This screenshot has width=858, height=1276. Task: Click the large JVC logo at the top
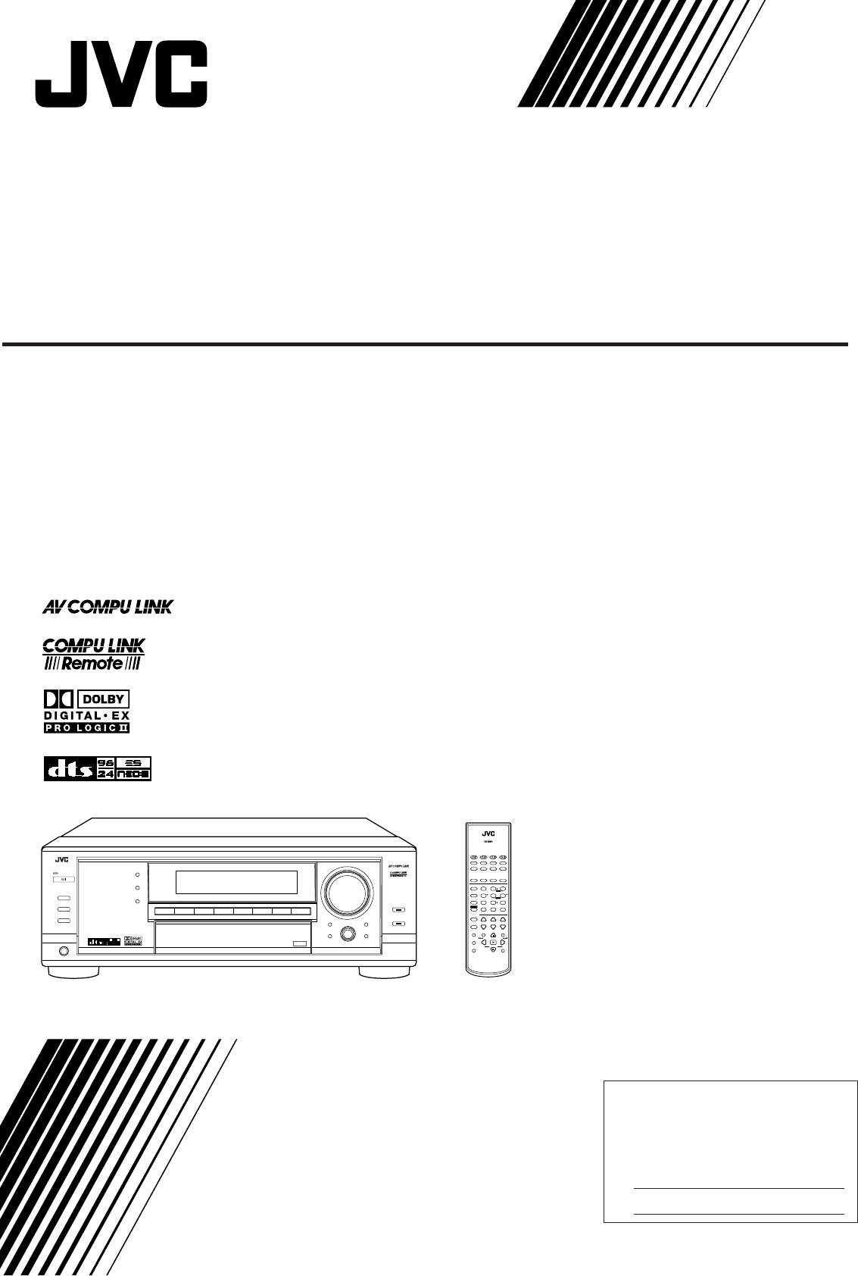point(121,75)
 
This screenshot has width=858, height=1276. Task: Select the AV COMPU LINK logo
point(107,606)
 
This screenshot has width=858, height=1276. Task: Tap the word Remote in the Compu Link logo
point(92,662)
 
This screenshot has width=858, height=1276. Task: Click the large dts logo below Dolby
point(67,769)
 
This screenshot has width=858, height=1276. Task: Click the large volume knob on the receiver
point(349,890)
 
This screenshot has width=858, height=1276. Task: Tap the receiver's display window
point(236,882)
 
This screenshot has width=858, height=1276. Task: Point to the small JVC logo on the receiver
point(60,859)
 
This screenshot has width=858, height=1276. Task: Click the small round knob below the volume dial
point(348,934)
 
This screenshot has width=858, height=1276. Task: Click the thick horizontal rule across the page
point(424,345)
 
